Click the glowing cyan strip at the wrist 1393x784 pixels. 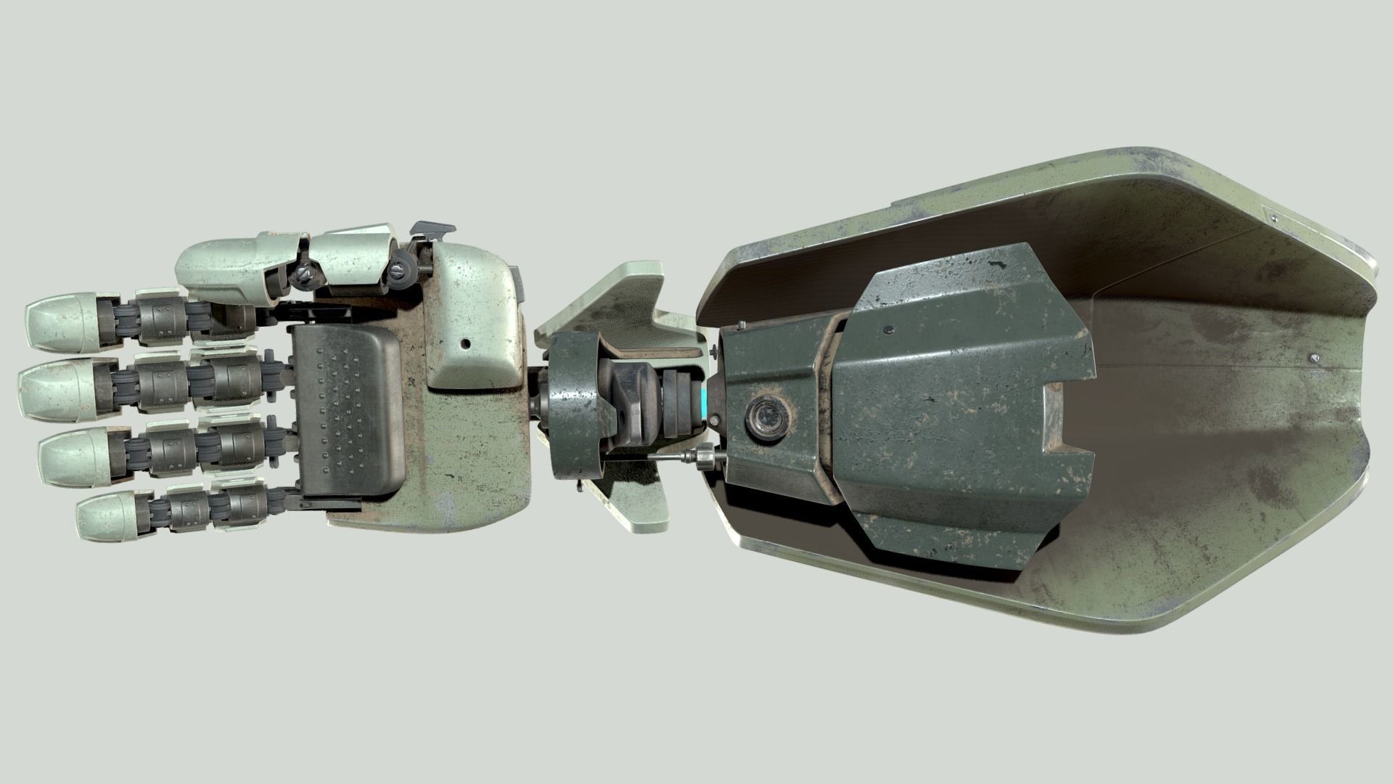tap(703, 402)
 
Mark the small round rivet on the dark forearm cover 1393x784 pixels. tap(889, 330)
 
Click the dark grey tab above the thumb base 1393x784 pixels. tap(434, 228)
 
